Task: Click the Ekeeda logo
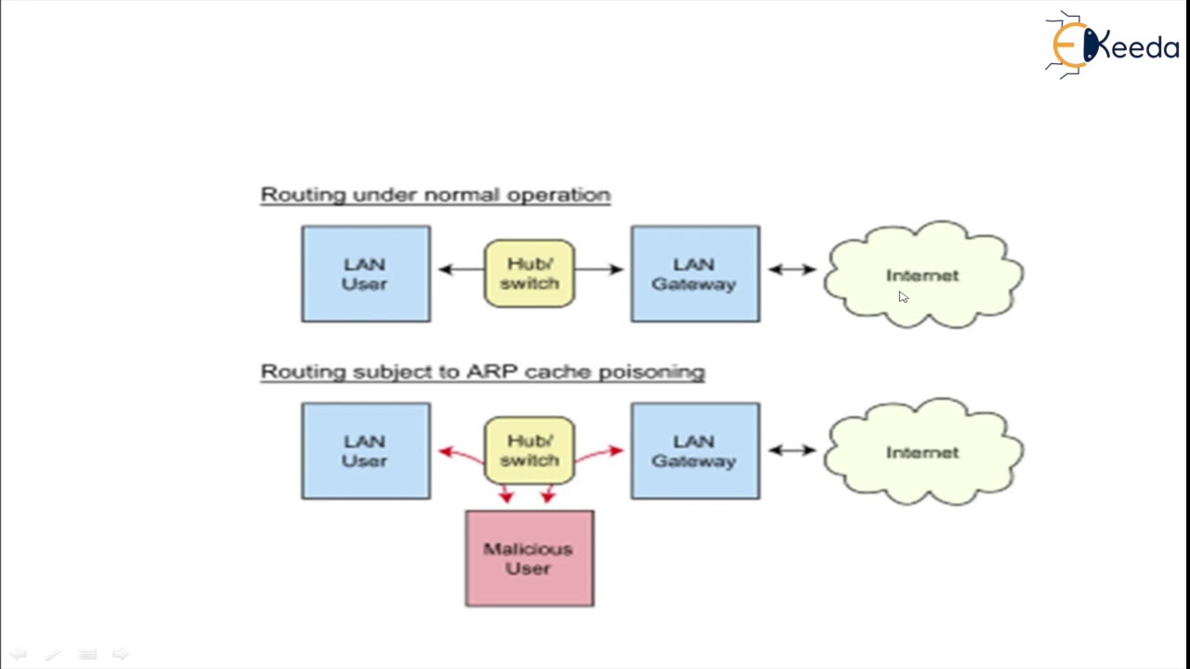click(x=1112, y=44)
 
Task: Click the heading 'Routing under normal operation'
click(x=435, y=195)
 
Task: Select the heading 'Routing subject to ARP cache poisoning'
click(x=483, y=372)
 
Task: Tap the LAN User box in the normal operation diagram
click(x=365, y=274)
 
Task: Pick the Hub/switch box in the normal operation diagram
click(x=529, y=274)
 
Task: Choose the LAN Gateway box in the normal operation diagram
click(x=694, y=274)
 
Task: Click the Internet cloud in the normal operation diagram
click(x=922, y=275)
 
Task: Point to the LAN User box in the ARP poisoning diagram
click(x=365, y=451)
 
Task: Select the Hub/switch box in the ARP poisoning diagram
click(x=529, y=451)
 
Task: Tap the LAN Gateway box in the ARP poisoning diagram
click(x=694, y=451)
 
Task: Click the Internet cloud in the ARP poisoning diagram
click(x=922, y=453)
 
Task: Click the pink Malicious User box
click(x=529, y=558)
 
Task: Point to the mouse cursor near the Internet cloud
click(x=903, y=297)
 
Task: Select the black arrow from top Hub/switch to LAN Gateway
click(x=600, y=269)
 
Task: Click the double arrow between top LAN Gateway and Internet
click(x=792, y=269)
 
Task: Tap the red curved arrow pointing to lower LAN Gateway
click(x=602, y=453)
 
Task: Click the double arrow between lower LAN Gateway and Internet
click(x=792, y=451)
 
